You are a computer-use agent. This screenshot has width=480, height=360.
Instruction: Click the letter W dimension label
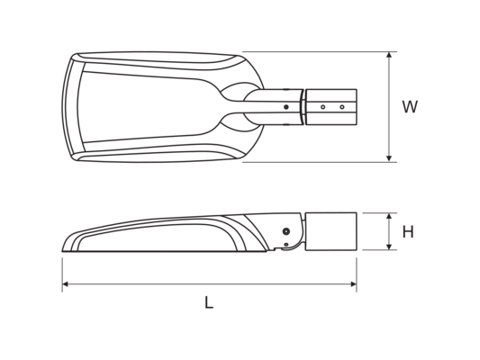click(x=410, y=107)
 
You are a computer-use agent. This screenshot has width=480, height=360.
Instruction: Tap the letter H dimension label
click(x=408, y=232)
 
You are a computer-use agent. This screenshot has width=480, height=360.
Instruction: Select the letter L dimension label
click(x=209, y=302)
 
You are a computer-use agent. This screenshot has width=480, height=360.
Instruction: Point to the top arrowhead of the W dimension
click(x=389, y=55)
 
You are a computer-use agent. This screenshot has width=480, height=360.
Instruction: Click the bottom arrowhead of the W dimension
click(x=389, y=158)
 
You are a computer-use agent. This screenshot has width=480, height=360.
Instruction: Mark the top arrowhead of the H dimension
click(x=389, y=216)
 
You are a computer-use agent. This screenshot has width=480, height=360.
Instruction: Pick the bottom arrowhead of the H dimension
click(x=389, y=247)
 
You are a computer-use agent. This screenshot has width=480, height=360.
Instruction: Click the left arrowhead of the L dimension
click(x=65, y=284)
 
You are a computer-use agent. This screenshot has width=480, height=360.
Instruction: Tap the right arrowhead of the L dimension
click(x=354, y=284)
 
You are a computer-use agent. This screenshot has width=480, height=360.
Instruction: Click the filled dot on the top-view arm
click(x=286, y=107)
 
